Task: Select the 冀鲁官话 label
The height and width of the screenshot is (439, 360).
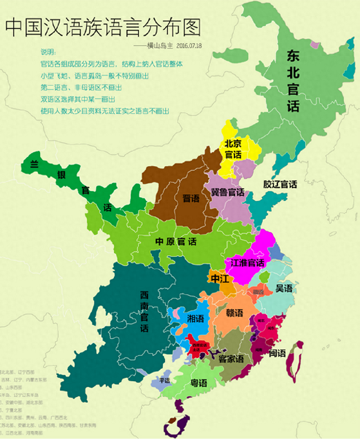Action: [x=227, y=192]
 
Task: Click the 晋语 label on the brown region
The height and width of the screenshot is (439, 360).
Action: [x=191, y=198]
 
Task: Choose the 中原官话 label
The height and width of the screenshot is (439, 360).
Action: [x=176, y=242]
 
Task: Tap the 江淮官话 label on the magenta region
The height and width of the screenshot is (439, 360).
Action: [x=247, y=263]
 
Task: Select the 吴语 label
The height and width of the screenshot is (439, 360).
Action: [x=283, y=288]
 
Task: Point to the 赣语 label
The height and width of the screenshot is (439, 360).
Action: [x=235, y=313]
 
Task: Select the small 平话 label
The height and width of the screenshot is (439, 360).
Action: [x=165, y=380]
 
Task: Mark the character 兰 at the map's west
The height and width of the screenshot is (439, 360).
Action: [x=34, y=164]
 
